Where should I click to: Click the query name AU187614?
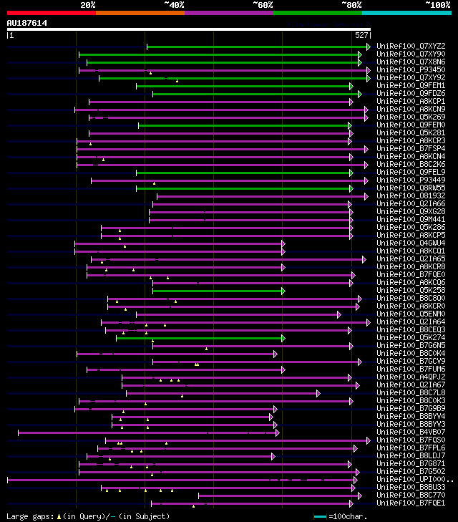pos(27,23)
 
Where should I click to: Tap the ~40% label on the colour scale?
pos(174,4)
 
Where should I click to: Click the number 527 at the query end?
pos(361,35)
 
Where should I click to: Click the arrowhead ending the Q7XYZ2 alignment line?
pos(369,47)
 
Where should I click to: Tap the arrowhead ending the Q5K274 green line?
pos(283,338)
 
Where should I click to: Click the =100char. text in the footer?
pos(349,516)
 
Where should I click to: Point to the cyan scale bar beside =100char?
pos(320,516)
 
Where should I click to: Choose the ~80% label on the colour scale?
pos(351,4)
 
